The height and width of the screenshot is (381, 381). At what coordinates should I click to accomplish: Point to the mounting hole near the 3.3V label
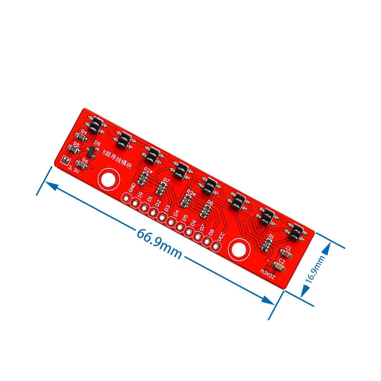109,179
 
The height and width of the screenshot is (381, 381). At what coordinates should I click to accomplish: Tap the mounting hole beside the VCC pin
238,250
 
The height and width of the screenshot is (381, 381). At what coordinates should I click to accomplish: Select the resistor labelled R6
80,164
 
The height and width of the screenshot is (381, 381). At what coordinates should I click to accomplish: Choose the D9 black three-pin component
90,151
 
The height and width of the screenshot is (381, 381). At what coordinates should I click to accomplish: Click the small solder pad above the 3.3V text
64,160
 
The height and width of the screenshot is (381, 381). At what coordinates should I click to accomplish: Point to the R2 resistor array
144,180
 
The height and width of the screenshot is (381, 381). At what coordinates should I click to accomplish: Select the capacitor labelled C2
278,266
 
